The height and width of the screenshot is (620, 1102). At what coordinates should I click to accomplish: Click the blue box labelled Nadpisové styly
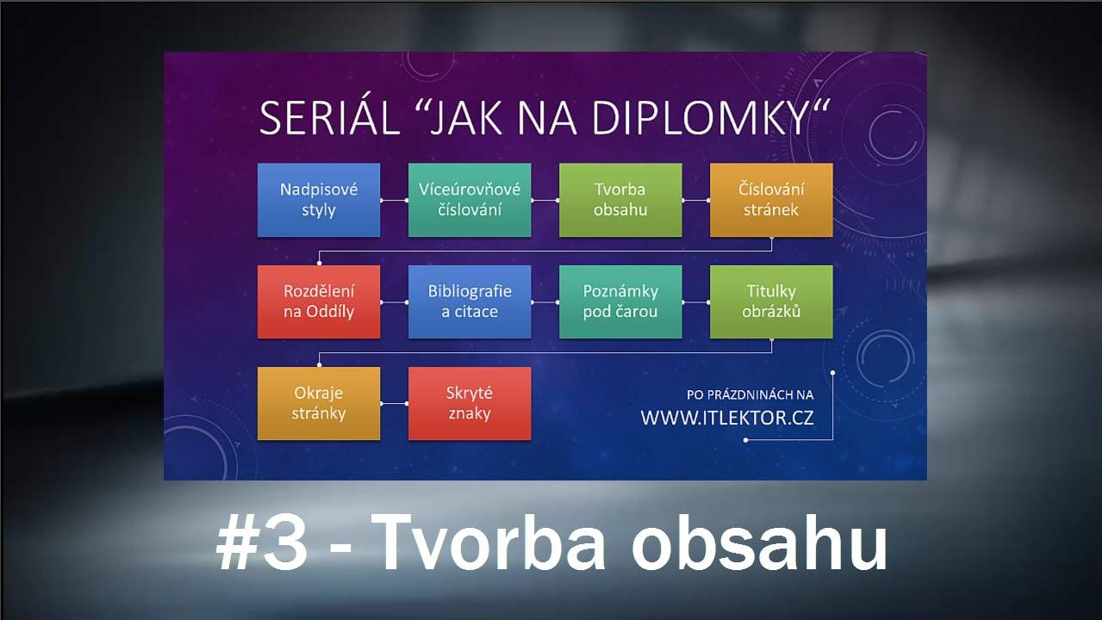(x=319, y=200)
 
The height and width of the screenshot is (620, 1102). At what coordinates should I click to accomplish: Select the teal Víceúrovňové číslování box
(x=470, y=200)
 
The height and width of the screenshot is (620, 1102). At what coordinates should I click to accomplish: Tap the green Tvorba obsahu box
(x=620, y=200)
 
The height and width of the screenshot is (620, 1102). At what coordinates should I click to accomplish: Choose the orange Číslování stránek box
(x=771, y=200)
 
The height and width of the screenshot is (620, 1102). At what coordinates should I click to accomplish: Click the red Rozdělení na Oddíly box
(x=319, y=301)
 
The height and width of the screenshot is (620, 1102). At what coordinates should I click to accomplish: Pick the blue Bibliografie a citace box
(x=470, y=301)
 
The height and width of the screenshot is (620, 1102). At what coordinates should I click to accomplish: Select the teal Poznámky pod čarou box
(x=620, y=301)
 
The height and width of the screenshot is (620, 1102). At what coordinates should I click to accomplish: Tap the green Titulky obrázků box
(x=771, y=301)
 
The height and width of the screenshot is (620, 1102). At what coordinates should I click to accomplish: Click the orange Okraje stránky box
(x=319, y=403)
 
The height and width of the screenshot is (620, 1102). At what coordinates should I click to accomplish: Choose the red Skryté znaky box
(x=470, y=403)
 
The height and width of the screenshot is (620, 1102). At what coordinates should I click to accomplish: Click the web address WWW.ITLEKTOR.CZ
(x=727, y=418)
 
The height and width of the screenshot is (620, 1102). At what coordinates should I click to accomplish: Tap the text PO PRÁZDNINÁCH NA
(x=750, y=394)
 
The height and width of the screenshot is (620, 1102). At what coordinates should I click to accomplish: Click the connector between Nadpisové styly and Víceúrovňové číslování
(x=394, y=200)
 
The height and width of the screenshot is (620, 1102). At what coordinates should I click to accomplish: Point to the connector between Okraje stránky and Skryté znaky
(x=394, y=403)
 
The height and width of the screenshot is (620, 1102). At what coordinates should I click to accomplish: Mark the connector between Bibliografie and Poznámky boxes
(x=545, y=301)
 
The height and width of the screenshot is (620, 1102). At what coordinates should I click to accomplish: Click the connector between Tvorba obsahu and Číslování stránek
(x=695, y=200)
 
